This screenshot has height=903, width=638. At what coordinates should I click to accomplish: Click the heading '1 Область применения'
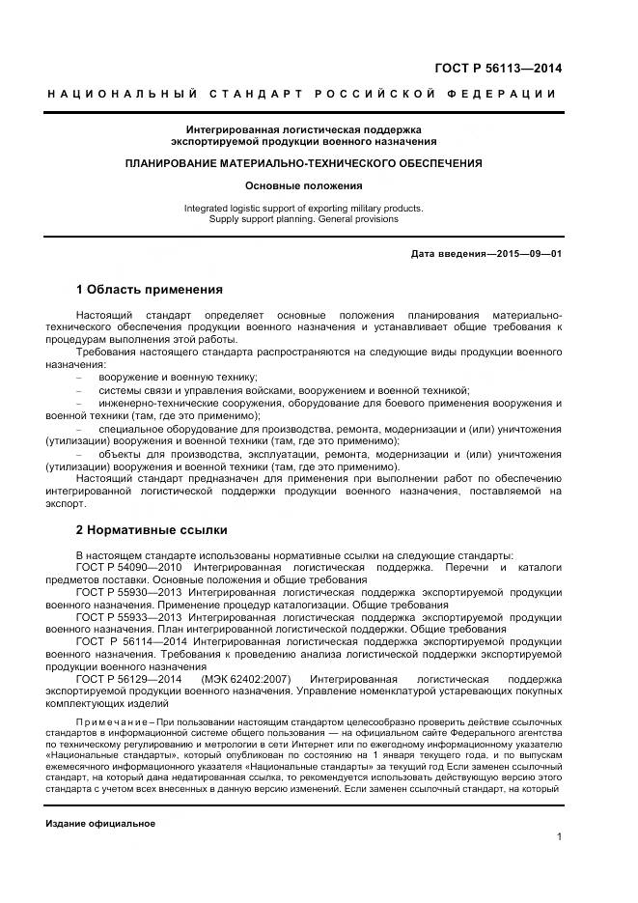click(150, 289)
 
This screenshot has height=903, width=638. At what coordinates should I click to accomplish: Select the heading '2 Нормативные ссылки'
click(152, 530)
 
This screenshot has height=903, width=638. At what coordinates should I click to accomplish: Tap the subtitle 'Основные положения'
click(304, 184)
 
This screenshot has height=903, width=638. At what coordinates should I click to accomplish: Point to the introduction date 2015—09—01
click(528, 253)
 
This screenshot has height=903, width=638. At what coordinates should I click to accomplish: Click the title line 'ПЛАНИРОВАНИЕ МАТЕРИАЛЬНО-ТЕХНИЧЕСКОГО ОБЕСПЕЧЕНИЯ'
click(304, 164)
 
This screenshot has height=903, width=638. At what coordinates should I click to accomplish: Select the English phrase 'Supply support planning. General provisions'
click(304, 219)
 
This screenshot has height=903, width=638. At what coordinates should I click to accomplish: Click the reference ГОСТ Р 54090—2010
click(127, 567)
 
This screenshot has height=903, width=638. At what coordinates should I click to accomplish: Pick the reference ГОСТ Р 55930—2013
click(129, 590)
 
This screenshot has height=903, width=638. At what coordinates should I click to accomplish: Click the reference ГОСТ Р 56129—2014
click(129, 680)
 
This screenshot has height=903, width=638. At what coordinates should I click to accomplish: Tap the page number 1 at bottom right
click(559, 836)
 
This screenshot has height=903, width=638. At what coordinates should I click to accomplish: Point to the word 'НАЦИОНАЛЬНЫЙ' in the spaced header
click(124, 94)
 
